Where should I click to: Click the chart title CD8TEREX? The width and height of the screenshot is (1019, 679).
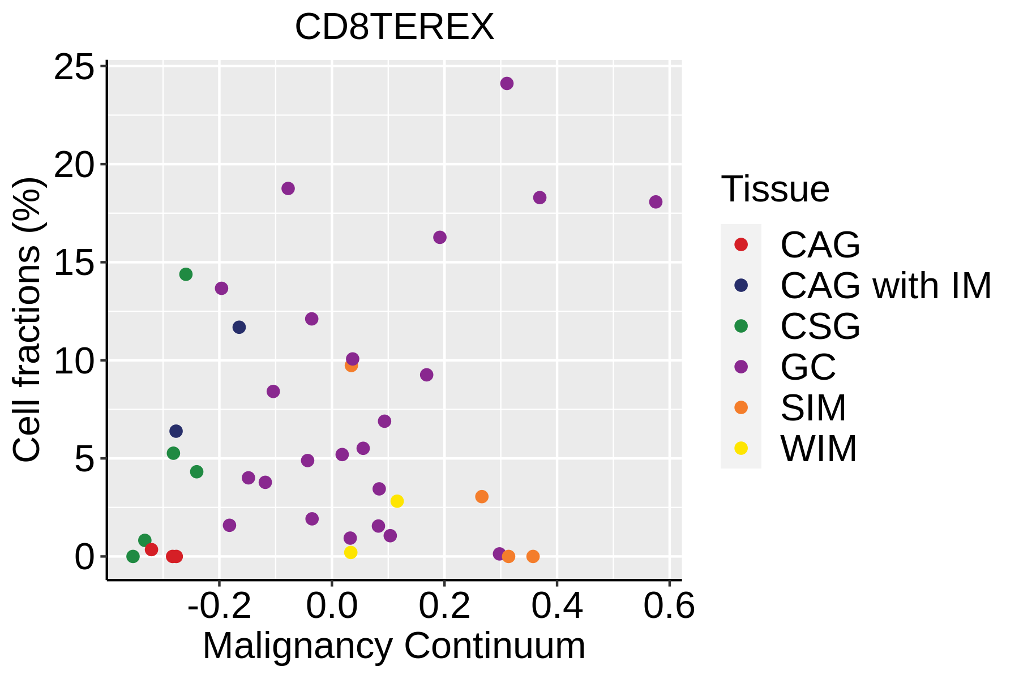[395, 27]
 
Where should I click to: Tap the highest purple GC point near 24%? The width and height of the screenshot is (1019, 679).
[507, 83]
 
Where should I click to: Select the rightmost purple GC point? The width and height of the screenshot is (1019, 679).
[656, 202]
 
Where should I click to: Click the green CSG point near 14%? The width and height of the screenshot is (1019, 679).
[186, 274]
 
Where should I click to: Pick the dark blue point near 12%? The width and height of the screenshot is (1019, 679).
[239, 327]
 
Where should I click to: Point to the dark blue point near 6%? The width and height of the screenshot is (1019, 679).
[176, 431]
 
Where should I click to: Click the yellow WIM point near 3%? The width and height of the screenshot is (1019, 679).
[397, 501]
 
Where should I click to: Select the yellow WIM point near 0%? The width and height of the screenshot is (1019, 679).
[350, 552]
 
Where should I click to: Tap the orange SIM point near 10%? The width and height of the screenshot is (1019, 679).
[351, 366]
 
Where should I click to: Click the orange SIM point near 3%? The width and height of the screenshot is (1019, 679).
[482, 497]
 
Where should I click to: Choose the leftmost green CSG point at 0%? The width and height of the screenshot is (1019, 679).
[133, 557]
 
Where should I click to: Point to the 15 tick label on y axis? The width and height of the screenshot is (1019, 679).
[74, 263]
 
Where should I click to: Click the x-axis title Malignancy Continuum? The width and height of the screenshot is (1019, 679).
[394, 646]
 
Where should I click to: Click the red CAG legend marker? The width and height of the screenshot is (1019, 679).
[740, 244]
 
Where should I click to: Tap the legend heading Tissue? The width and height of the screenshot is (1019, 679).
[775, 189]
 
